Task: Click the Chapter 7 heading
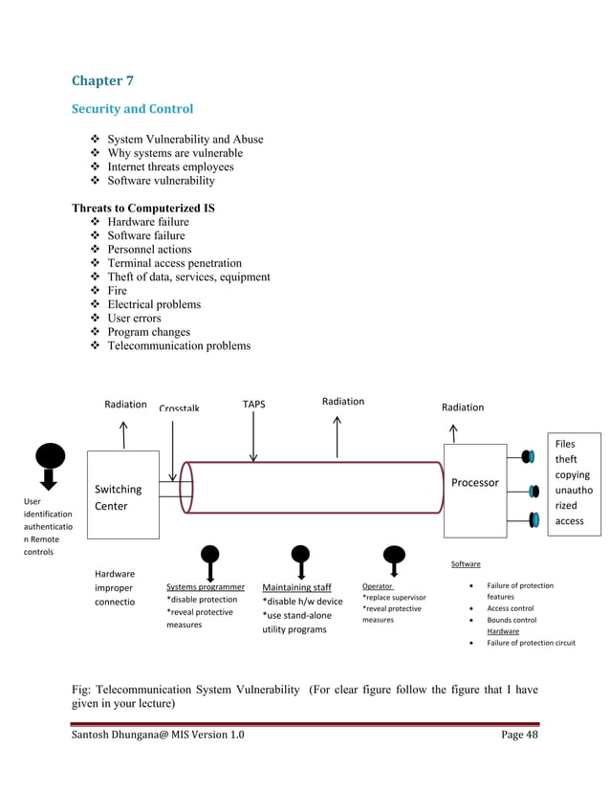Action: pyautogui.click(x=102, y=80)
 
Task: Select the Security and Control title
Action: pyautogui.click(x=132, y=109)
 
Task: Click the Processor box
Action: pyautogui.click(x=475, y=482)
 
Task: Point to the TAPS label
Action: pyautogui.click(x=253, y=405)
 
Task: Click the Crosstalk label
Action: pyautogui.click(x=179, y=408)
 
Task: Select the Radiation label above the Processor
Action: pyautogui.click(x=463, y=407)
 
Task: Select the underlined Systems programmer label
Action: pyautogui.click(x=206, y=587)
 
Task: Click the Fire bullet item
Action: pyautogui.click(x=117, y=291)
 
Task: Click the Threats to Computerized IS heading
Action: pyautogui.click(x=143, y=208)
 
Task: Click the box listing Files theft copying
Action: pyautogui.click(x=574, y=483)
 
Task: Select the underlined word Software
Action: pyautogui.click(x=466, y=564)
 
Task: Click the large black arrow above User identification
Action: pyautogui.click(x=49, y=466)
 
